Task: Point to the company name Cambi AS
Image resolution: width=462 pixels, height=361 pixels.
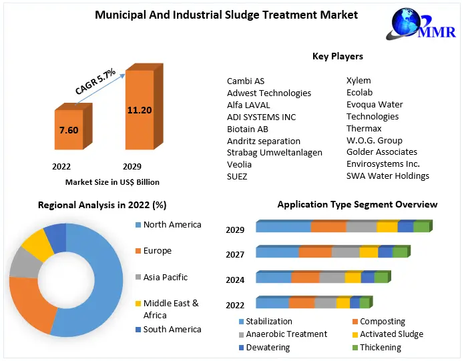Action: [x=246, y=81]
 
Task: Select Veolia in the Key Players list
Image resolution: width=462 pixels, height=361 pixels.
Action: [x=239, y=164]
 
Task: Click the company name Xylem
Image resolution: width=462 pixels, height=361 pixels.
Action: [x=359, y=81]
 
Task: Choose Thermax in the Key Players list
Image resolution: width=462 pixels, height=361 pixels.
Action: [x=364, y=128]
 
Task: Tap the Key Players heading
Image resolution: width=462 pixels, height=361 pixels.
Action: [x=338, y=56]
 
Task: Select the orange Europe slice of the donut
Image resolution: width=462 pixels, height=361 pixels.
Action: [x=30, y=304]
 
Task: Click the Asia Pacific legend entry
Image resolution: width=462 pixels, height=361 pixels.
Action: [x=166, y=277]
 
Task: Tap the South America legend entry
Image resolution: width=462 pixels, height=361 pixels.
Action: [x=172, y=329]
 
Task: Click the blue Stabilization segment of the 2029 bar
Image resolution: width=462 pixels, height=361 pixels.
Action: [x=283, y=227]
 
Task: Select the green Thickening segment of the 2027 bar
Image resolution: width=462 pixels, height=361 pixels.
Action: [x=399, y=252]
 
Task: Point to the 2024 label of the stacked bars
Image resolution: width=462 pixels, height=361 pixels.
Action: [x=235, y=280]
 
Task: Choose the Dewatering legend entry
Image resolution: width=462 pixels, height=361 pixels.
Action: [x=267, y=347]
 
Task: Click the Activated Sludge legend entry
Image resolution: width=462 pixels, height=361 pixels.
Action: [x=391, y=334]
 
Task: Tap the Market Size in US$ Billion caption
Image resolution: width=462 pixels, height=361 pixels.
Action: [x=112, y=182]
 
